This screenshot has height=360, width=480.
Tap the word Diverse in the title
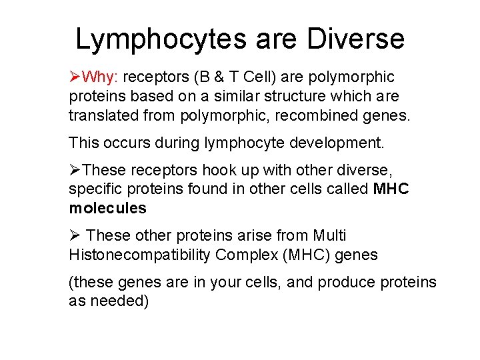355,39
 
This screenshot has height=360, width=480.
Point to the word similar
227,97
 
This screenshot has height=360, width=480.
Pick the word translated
101,116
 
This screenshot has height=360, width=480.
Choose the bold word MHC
391,189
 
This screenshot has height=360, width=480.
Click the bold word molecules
107,208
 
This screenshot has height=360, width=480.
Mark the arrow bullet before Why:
75,77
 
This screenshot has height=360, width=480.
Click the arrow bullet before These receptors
75,169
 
